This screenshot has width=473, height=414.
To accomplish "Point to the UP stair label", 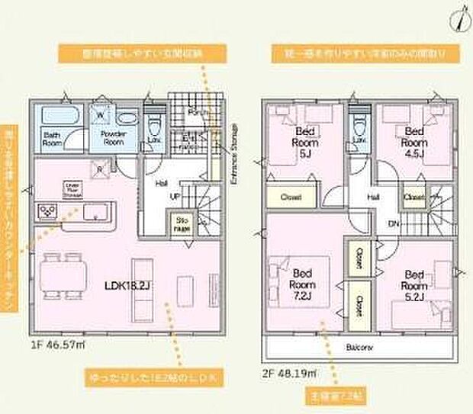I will pyautogui.click(x=174, y=196).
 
